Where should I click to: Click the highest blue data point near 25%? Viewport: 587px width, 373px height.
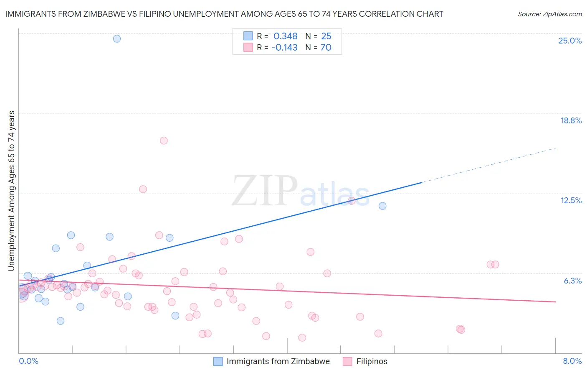117,38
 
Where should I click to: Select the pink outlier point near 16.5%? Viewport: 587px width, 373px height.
164,141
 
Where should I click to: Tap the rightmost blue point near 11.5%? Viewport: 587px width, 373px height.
382,206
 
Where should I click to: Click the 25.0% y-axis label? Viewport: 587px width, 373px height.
570,41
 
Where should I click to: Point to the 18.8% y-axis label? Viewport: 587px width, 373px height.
571,120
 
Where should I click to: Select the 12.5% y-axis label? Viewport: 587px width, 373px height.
571,200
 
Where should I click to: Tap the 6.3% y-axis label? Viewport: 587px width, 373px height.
572,281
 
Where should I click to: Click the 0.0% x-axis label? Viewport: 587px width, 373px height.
28,361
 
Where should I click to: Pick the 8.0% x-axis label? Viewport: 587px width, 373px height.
572,361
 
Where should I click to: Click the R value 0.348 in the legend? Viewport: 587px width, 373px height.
285,36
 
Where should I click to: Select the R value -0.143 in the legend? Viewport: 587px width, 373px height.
284,47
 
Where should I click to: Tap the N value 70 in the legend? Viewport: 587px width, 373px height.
326,47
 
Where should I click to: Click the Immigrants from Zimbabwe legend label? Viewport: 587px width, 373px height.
278,361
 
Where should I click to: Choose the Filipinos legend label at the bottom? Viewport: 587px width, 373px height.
372,361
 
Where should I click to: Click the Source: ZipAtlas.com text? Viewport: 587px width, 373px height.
549,14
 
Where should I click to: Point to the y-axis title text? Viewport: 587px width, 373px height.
11,191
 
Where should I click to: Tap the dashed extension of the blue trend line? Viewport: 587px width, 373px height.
488,165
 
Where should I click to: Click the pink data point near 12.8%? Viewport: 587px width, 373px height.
143,189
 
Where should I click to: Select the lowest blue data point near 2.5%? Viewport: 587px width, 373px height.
61,321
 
